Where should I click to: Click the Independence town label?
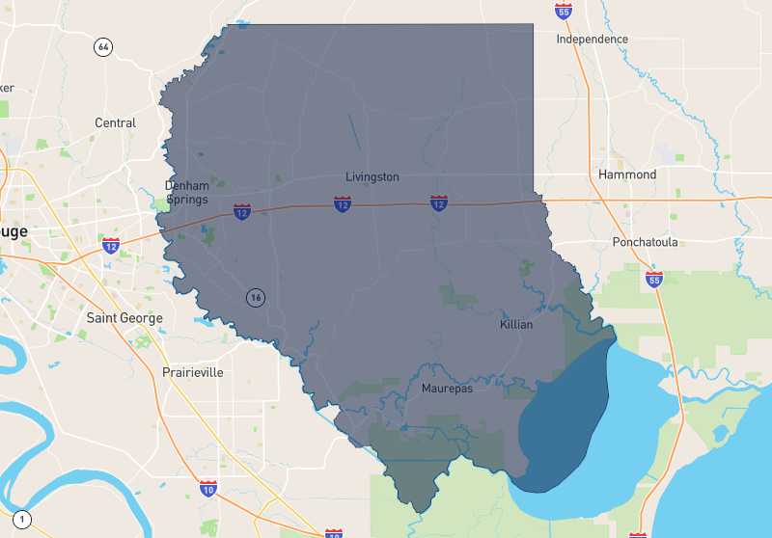(592, 40)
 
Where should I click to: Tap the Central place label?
(115, 123)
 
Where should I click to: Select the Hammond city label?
(627, 175)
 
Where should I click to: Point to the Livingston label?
(372, 177)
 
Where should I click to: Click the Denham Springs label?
(186, 192)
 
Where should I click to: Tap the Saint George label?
(124, 318)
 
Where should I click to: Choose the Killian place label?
(516, 325)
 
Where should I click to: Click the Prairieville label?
(193, 372)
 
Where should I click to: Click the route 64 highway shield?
(103, 46)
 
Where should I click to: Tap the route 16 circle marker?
(255, 297)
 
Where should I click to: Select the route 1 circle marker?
(22, 520)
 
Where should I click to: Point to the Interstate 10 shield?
(208, 489)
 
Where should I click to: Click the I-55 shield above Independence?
(564, 11)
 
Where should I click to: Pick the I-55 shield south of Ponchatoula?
(654, 280)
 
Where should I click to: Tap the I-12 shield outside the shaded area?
(111, 246)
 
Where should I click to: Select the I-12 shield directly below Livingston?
(343, 203)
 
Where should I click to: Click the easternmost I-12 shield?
(438, 202)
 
